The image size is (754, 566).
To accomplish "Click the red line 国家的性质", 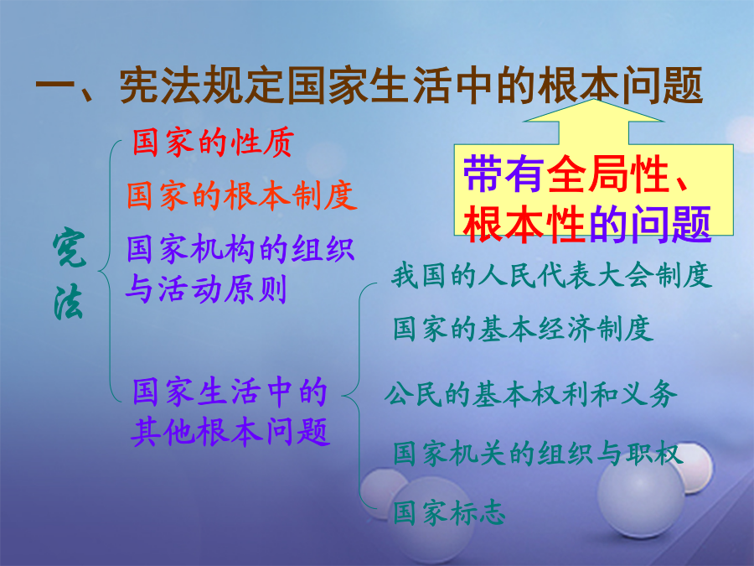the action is click(213, 143).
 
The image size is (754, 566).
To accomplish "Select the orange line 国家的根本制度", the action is click(242, 195).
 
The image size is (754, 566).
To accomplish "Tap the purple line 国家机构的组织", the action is click(240, 249).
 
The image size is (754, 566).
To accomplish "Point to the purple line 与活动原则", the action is click(206, 288).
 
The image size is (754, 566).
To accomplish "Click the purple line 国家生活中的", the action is click(230, 392).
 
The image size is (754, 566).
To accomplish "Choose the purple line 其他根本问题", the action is click(230, 431).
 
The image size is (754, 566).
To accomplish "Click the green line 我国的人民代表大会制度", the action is click(551, 276).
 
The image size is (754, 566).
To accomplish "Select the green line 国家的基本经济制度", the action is click(523, 330).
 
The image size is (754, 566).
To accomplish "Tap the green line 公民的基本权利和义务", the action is click(530, 394).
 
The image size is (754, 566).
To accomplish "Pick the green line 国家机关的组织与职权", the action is click(538, 454).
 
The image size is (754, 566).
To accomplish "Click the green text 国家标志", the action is click(449, 512).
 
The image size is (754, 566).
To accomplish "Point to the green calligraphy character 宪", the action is click(70, 248).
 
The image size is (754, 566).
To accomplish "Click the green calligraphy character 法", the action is click(69, 302).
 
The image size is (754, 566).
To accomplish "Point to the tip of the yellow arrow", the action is click(593, 99).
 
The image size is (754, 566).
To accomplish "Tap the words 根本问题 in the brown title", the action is click(620, 86).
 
